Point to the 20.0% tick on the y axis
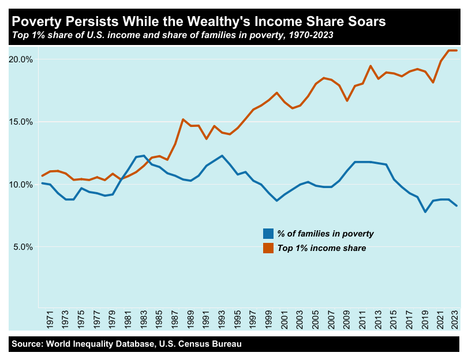point(21,59)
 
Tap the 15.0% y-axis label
point(21,122)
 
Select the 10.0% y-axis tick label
point(21,185)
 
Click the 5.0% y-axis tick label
point(23,247)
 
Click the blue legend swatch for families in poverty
point(268,234)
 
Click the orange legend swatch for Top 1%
point(268,248)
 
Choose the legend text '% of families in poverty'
point(325,234)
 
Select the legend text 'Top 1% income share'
point(322,248)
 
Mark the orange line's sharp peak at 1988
point(183,119)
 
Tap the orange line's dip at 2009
point(347,101)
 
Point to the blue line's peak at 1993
point(222,156)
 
